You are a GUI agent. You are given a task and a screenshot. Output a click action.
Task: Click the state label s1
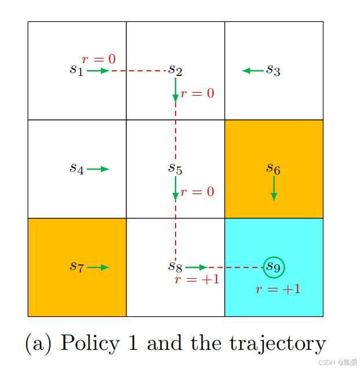tap(77, 71)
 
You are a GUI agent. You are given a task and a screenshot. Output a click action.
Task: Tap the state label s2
tap(175, 71)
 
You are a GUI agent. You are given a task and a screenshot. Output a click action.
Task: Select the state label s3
tap(273, 71)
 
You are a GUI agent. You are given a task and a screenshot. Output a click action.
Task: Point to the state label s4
tap(77, 169)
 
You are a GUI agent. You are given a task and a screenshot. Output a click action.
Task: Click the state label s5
tap(175, 169)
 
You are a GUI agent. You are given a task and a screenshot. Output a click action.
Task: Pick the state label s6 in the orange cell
tap(273, 169)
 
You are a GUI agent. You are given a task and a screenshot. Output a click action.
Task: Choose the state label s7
tap(77, 266)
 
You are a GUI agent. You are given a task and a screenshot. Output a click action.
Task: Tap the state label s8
tap(175, 267)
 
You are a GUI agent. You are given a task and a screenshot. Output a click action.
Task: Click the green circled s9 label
tap(274, 267)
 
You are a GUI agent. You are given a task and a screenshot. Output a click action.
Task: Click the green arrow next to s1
tap(99, 71)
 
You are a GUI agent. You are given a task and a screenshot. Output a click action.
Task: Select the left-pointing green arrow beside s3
tap(253, 71)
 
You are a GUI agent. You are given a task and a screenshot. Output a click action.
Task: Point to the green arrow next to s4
tap(99, 169)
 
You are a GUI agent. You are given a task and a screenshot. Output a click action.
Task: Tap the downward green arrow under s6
tap(274, 189)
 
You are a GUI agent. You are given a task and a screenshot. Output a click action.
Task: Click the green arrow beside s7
tap(99, 267)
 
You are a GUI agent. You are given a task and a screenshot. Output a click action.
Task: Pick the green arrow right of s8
tap(197, 268)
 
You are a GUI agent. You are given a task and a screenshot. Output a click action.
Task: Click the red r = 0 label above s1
tap(99, 59)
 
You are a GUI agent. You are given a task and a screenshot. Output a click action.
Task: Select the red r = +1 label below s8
tap(197, 280)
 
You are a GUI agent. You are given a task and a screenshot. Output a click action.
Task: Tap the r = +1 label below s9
tap(278, 290)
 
